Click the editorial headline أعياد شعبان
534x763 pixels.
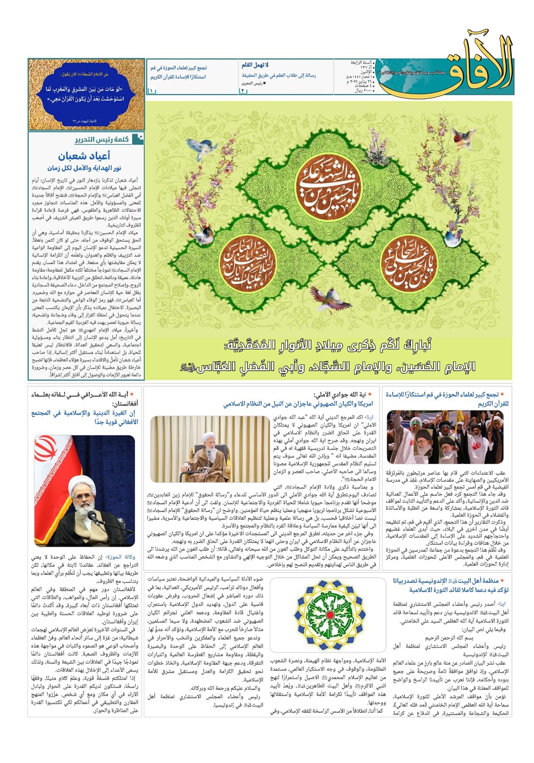[x=84, y=156]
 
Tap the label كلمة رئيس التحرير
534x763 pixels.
[x=102, y=139]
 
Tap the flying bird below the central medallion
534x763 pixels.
[x=327, y=298]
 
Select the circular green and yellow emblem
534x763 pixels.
[x=329, y=615]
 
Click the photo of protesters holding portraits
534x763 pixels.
[x=445, y=438]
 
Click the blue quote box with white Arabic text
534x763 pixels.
[x=86, y=95]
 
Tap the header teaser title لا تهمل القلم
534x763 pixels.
[x=255, y=65]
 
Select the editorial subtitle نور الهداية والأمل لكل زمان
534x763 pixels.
[x=84, y=168]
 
